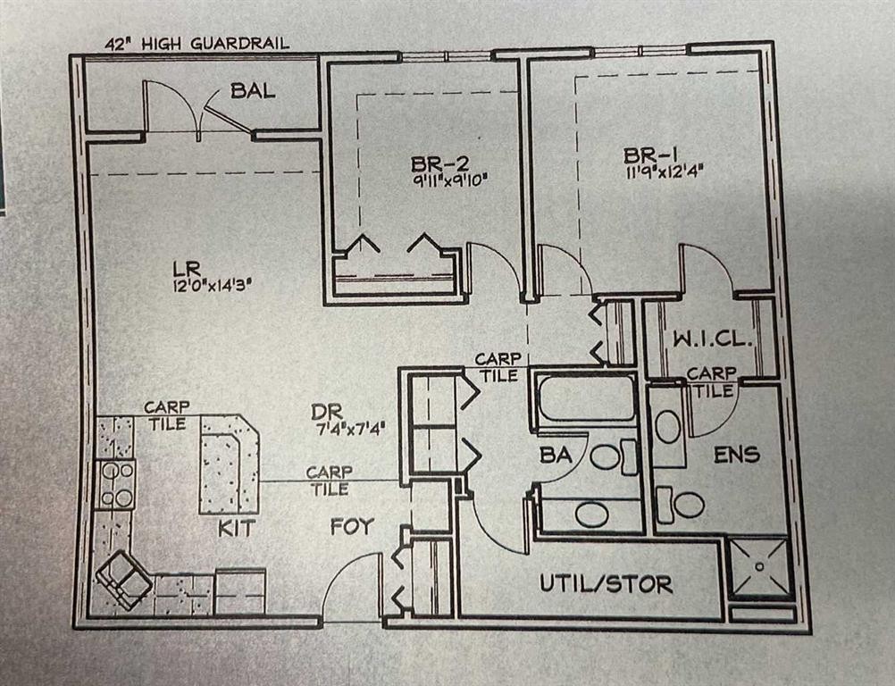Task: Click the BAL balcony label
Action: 253,90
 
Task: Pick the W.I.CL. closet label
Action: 710,340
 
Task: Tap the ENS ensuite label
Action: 737,455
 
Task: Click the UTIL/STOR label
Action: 606,585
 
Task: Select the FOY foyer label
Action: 352,527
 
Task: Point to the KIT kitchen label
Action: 236,529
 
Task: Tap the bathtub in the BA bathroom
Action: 585,399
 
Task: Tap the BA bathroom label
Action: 555,455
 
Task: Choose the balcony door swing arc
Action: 170,105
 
